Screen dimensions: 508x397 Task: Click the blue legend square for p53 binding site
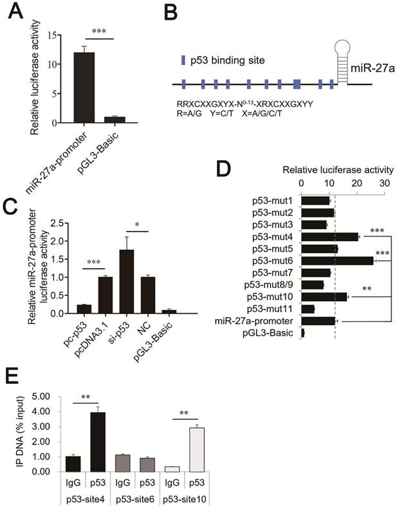pyautogui.click(x=183, y=60)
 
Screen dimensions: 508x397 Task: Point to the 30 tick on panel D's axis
pyautogui.click(x=385, y=182)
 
